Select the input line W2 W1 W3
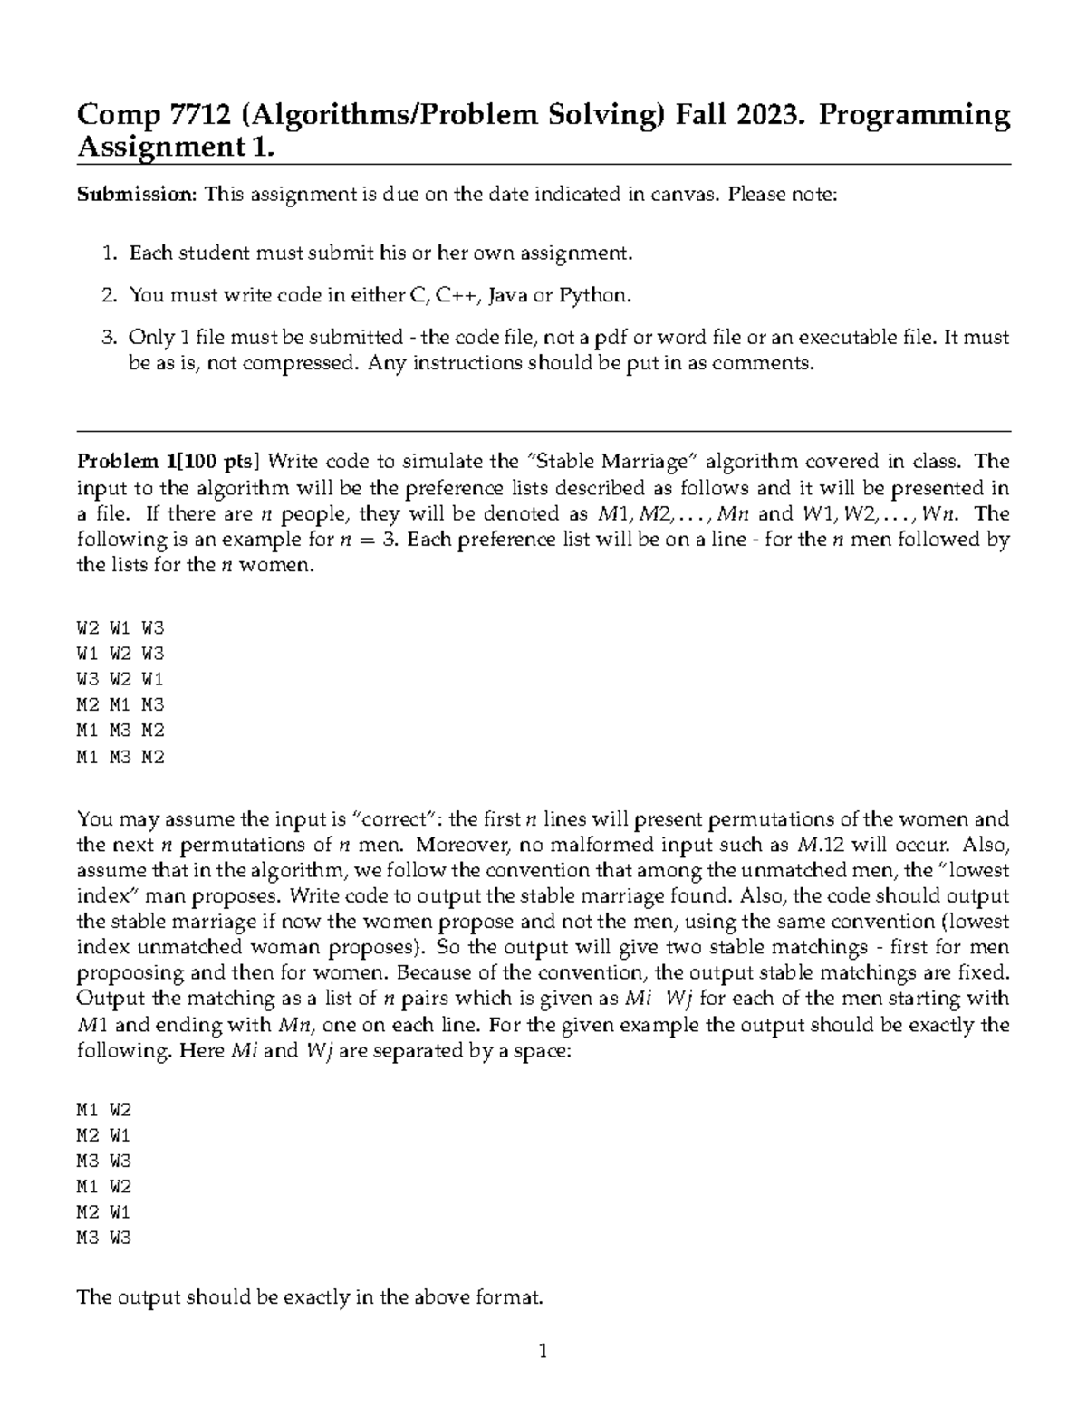(x=120, y=627)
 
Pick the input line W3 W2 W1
(x=120, y=679)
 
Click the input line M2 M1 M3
(x=120, y=704)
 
